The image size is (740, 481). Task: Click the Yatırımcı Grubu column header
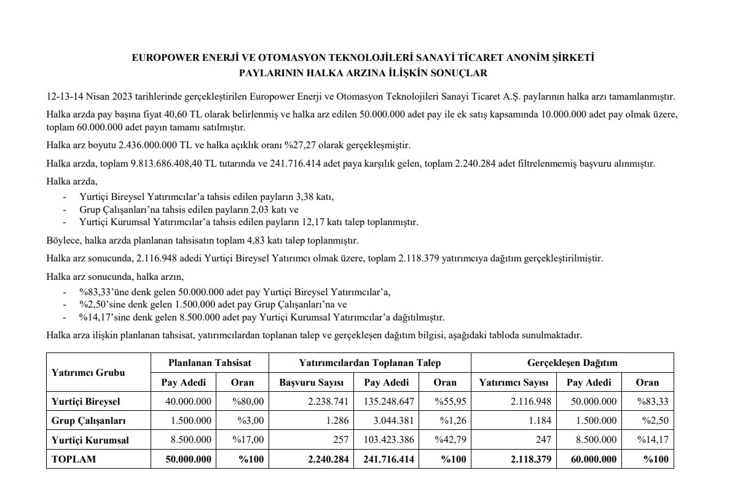[x=89, y=372]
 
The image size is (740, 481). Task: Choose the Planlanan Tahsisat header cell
[x=210, y=363]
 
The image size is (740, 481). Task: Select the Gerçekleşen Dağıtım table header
[x=572, y=363]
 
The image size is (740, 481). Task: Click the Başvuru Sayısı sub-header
[x=312, y=382]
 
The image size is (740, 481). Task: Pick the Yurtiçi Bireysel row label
[x=86, y=402]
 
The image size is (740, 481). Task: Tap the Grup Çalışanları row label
[x=89, y=421]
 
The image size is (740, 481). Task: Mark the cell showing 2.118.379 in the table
[x=530, y=459]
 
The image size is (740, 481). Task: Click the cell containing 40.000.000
[x=189, y=402]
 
